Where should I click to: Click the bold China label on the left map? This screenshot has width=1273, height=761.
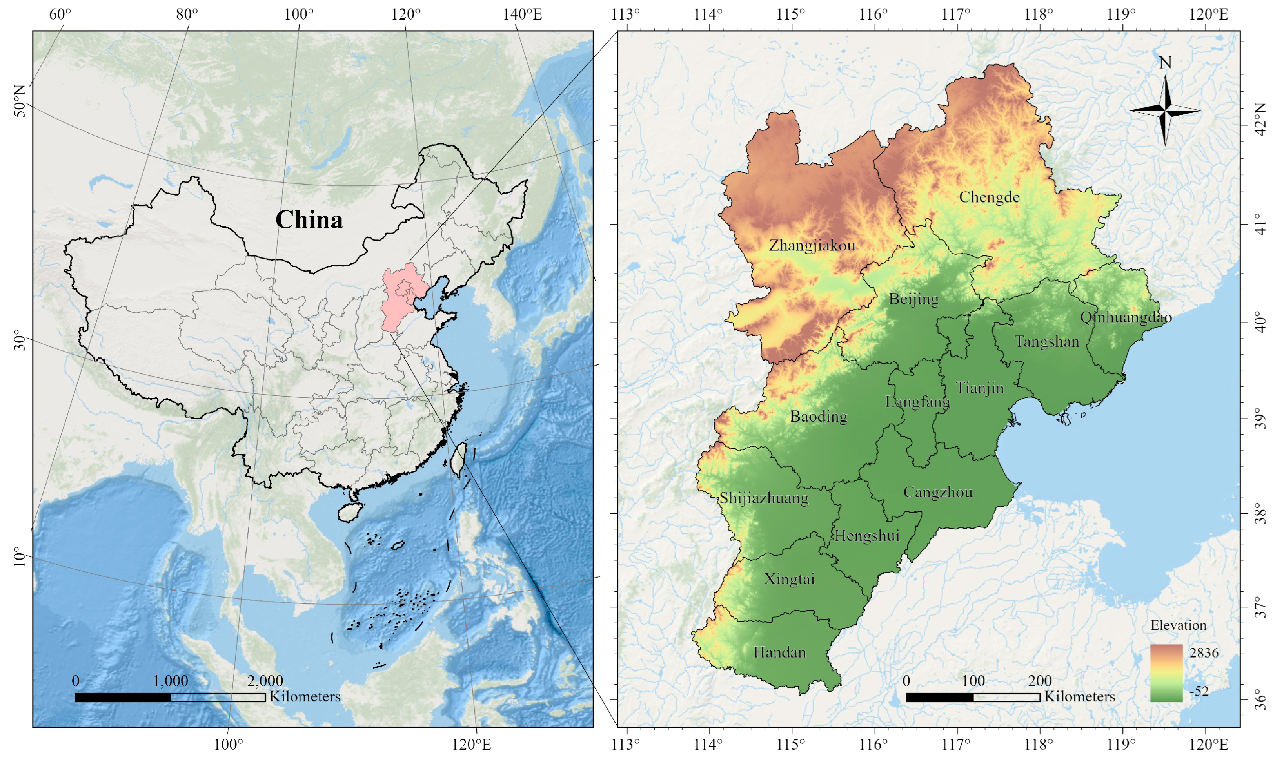[309, 220]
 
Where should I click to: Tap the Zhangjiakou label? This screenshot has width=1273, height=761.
[812, 246]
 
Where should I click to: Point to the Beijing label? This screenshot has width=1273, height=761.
[913, 299]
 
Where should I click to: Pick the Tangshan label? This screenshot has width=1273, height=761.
[1047, 342]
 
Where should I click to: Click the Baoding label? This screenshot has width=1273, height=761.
[819, 417]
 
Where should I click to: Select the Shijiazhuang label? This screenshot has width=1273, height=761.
[764, 498]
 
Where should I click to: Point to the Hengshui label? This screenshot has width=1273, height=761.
[867, 536]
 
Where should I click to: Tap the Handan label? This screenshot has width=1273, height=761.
[779, 653]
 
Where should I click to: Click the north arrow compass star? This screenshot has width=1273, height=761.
[1165, 110]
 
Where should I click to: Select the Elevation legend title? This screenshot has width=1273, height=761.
[1178, 625]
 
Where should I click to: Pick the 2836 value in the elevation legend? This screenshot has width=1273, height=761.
[1204, 653]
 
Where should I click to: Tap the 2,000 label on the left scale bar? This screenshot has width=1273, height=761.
[265, 681]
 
